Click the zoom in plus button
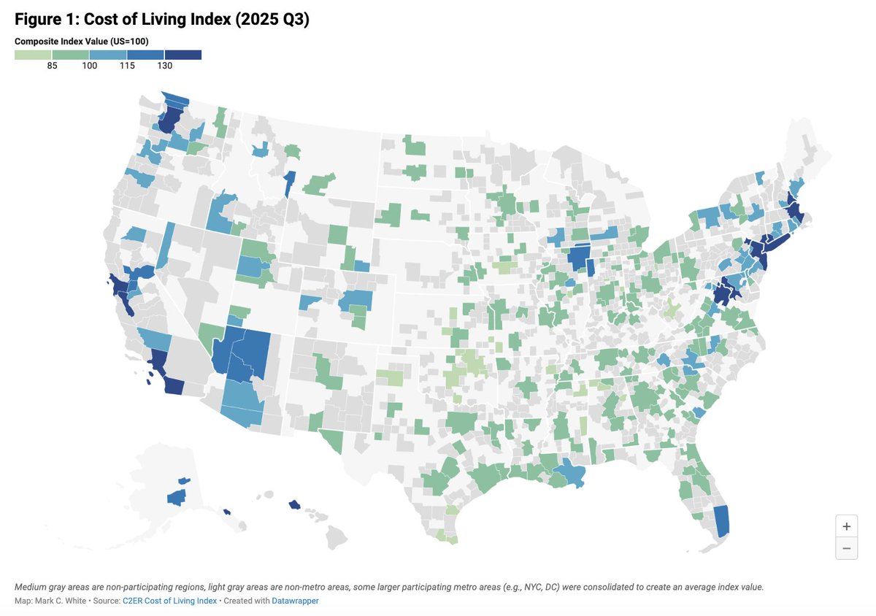pyautogui.click(x=846, y=526)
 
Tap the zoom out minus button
pyautogui.click(x=846, y=548)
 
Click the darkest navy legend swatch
pyautogui.click(x=182, y=55)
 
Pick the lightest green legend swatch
pyautogui.click(x=33, y=55)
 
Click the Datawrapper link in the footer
pyautogui.click(x=296, y=601)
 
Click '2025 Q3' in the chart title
pyautogui.click(x=275, y=20)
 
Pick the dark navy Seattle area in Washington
pyautogui.click(x=170, y=118)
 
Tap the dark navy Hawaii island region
pyautogui.click(x=294, y=504)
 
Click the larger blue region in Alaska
pyautogui.click(x=176, y=498)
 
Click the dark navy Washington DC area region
pyautogui.click(x=723, y=293)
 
